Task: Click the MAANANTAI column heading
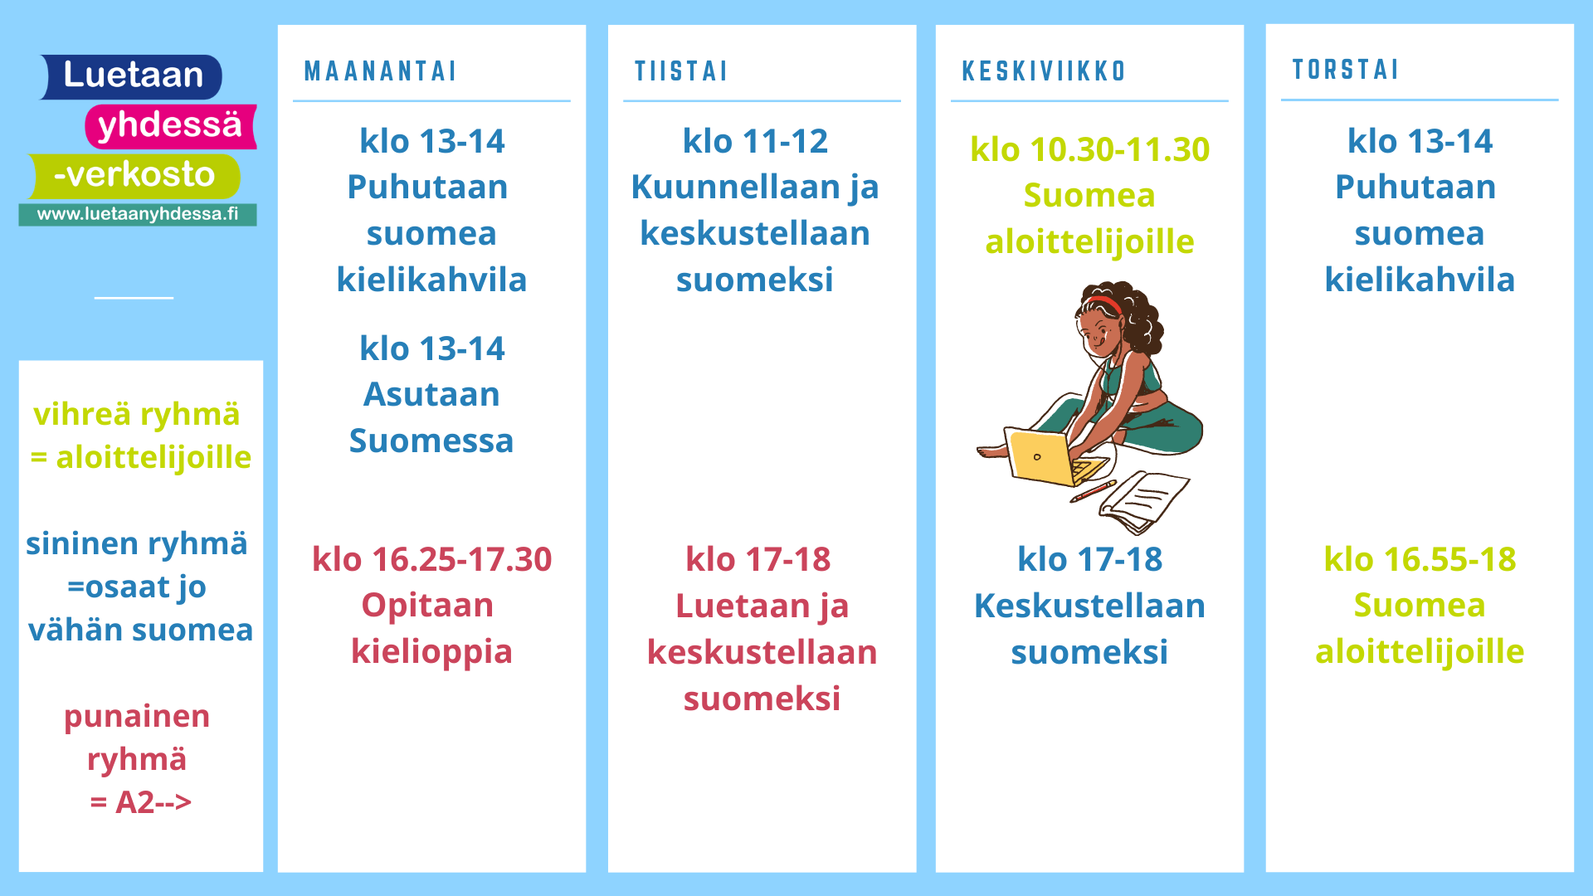pyautogui.click(x=380, y=71)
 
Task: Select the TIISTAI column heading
pyautogui.click(x=680, y=71)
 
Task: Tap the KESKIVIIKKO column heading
pyautogui.click(x=1044, y=71)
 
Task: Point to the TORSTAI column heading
pyautogui.click(x=1345, y=70)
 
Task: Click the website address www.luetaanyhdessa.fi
pyautogui.click(x=138, y=214)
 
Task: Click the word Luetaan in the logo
pyautogui.click(x=134, y=75)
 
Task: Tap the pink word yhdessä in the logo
pyautogui.click(x=170, y=125)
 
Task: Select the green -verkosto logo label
pyautogui.click(x=134, y=175)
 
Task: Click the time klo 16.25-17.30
pyautogui.click(x=431, y=560)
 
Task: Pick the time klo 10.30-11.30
pyautogui.click(x=1089, y=150)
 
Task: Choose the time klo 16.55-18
pyautogui.click(x=1420, y=560)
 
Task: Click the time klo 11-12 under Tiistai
pyautogui.click(x=755, y=142)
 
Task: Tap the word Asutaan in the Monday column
pyautogui.click(x=431, y=395)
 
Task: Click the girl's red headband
pyautogui.click(x=1105, y=304)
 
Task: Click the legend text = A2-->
pyautogui.click(x=141, y=802)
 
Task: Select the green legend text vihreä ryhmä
pyautogui.click(x=137, y=415)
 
